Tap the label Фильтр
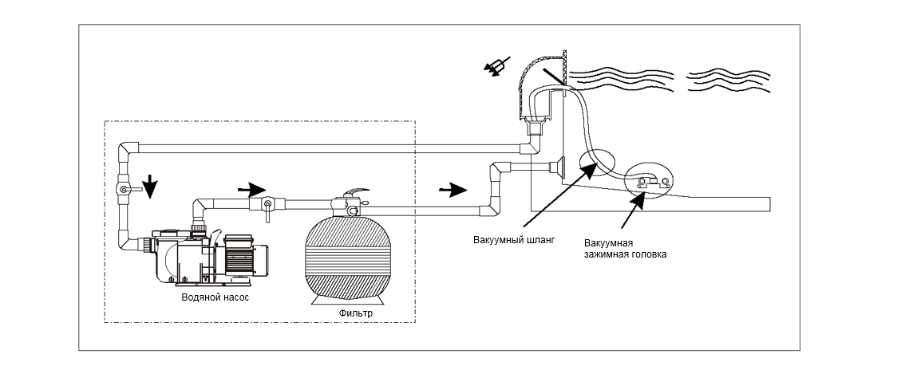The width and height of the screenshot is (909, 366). coord(356,313)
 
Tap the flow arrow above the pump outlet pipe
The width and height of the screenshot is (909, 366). coord(251,189)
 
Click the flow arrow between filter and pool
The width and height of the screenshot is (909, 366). coord(453,189)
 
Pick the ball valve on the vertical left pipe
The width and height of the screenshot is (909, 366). coord(125,189)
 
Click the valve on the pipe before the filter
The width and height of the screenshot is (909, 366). coord(267,206)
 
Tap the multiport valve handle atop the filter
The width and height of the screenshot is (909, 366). coord(356,192)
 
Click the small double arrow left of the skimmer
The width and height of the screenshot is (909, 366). coord(498,65)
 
